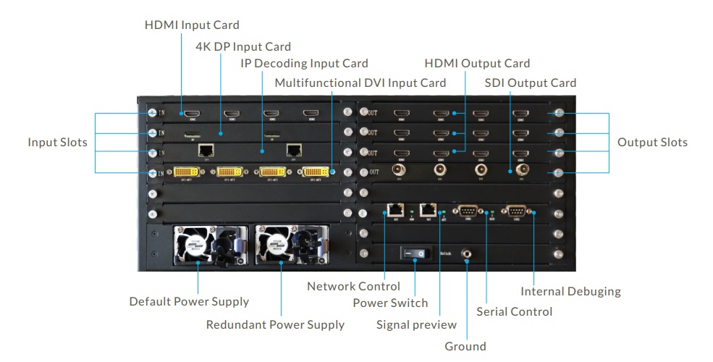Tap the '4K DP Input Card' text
coord(243,47)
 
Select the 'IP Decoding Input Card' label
coord(305,64)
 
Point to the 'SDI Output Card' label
coord(531,83)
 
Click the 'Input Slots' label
coord(58,143)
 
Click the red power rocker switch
coord(415,253)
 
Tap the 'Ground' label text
coord(465,346)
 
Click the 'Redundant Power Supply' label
coord(275,324)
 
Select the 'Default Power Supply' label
coord(189,301)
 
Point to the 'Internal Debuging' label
coord(571,292)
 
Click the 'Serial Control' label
coord(514,311)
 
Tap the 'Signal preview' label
coord(416,324)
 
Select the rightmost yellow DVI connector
coord(316,173)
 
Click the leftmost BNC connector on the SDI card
coord(398,171)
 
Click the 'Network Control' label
coord(353,286)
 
